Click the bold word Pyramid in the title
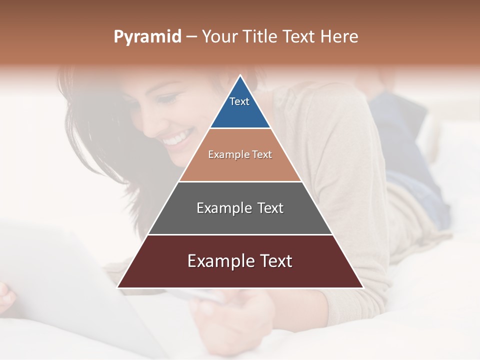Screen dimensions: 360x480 (147, 37)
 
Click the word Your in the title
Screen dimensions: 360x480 (220, 37)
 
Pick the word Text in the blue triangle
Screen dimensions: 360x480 (239, 101)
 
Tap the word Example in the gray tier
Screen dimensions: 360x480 (223, 208)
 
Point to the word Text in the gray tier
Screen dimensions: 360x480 (270, 208)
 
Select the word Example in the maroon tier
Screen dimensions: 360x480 (218, 261)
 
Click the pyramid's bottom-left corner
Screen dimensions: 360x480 (118, 287)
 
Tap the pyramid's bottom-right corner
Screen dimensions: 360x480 (362, 287)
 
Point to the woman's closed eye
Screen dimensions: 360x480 (169, 100)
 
